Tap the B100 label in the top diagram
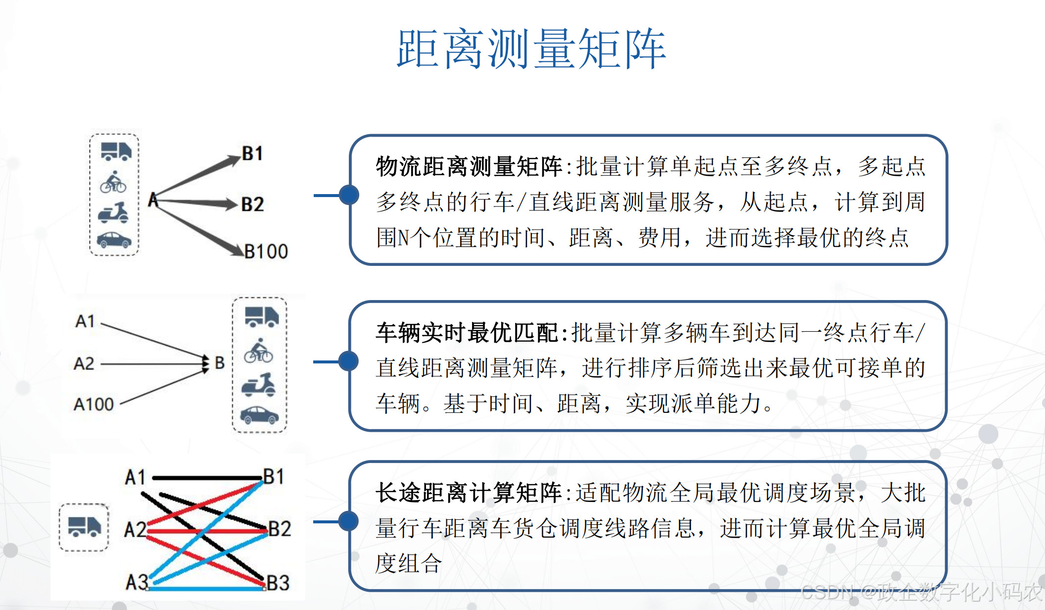(266, 252)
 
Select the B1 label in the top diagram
(252, 153)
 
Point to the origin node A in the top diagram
(153, 200)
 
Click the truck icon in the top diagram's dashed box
(116, 151)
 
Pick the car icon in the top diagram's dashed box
(114, 240)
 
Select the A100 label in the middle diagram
(94, 405)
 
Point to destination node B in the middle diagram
(220, 363)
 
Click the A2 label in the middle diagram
(84, 364)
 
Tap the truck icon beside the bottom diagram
(84, 526)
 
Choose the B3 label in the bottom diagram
(278, 583)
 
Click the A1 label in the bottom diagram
(135, 477)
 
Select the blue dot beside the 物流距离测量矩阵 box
(349, 195)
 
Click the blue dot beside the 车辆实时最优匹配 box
(349, 361)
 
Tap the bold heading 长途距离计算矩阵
(468, 493)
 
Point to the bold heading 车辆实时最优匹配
(467, 333)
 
